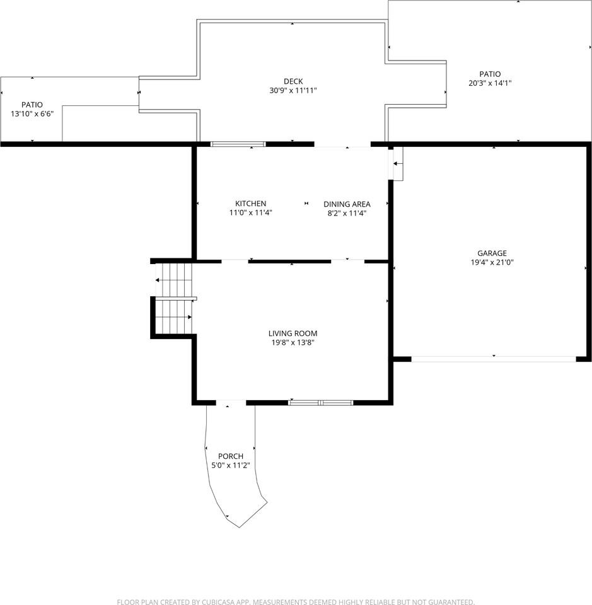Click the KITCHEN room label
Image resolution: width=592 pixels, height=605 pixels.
coord(250,204)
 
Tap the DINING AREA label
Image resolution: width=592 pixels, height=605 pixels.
coord(347,204)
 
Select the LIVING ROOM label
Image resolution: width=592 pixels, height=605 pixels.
coord(293,333)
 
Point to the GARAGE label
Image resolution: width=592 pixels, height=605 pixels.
coord(492,253)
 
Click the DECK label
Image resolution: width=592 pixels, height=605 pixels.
coord(293,81)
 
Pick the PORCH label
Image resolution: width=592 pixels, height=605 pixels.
coord(231,456)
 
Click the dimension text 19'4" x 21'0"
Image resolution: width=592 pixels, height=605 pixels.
coord(492,262)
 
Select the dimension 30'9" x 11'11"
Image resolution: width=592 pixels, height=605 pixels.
coord(293,90)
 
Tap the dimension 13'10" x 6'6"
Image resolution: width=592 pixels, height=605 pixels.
coord(32,114)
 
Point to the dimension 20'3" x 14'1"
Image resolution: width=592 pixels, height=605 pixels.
coord(490,83)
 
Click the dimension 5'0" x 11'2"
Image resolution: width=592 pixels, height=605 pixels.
coord(231,465)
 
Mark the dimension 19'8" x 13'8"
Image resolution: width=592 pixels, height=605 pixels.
coord(293,343)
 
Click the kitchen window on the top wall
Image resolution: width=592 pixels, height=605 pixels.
coord(238,144)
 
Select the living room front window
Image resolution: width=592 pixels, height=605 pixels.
coord(321,403)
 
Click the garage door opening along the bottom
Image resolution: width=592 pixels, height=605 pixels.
coord(494,359)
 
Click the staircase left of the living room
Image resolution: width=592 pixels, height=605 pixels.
coord(174,298)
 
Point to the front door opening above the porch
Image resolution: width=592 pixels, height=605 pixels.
coord(231,403)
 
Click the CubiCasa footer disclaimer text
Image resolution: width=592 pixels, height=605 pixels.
coord(296,601)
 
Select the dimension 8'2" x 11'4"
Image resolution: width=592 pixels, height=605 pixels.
coord(347,214)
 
